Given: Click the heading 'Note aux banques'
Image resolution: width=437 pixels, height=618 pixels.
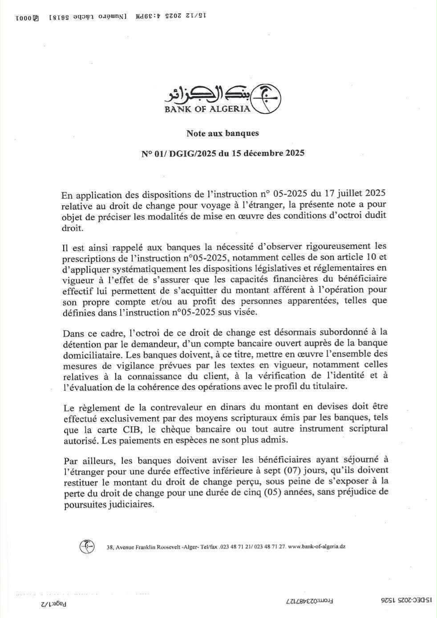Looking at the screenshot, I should (222, 133).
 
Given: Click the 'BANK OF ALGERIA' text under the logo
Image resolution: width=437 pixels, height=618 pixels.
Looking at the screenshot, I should (207, 109).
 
